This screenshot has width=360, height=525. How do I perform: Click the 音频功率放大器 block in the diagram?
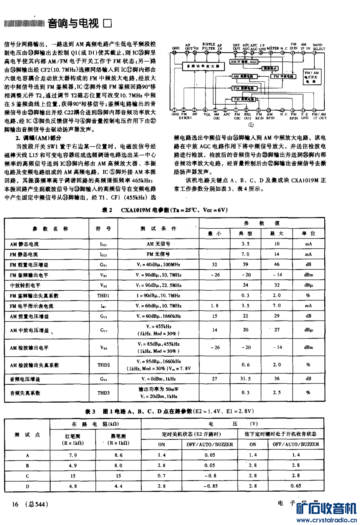[203, 66]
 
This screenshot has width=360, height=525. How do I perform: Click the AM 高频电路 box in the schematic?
[245, 76]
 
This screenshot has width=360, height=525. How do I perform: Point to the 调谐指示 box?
[270, 68]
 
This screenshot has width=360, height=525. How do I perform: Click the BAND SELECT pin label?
[319, 47]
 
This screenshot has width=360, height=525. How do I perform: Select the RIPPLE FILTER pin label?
[208, 46]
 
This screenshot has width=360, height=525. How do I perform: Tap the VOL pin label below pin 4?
[206, 114]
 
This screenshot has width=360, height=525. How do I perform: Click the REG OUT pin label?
[248, 116]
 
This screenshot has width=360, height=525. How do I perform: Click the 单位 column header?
[308, 233]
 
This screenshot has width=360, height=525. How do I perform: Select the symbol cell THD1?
[103, 296]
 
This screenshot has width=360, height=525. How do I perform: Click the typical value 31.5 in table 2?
[245, 379]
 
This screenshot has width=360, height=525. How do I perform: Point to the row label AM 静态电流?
[24, 244]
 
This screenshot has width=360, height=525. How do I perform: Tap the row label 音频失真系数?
[25, 393]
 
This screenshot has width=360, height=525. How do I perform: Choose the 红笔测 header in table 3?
[73, 436]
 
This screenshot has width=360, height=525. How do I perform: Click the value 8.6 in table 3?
[119, 455]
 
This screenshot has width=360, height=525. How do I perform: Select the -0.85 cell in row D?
[210, 486]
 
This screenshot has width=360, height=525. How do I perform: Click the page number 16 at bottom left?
[15, 504]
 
